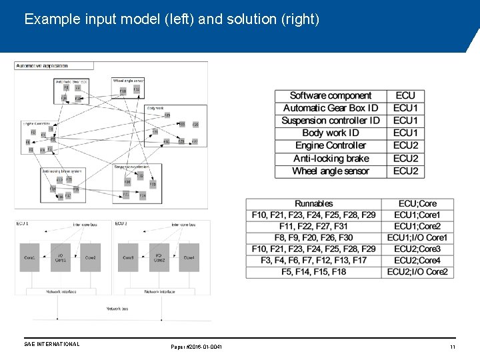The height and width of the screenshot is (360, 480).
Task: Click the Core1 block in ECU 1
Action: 30,257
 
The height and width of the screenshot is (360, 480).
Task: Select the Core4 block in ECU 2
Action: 189,257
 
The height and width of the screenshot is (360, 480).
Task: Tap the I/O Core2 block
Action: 159,257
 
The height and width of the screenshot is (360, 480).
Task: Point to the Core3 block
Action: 129,257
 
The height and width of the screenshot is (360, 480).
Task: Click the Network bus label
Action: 117,309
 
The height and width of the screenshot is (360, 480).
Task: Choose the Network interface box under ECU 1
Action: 61,291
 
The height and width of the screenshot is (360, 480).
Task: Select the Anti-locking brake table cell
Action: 331,159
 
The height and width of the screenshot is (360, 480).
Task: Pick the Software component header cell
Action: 331,96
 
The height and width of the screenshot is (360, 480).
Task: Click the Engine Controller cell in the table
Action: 331,146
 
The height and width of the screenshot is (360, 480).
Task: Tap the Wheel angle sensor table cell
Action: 331,171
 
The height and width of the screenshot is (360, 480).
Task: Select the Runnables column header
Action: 313,203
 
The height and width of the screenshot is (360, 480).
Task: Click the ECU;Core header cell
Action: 417,203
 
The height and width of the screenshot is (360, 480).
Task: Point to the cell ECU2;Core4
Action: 417,260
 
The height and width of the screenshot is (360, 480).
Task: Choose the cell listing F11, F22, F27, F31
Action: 313,226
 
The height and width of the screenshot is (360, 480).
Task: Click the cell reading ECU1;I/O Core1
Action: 417,237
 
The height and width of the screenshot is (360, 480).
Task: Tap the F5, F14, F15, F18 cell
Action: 313,272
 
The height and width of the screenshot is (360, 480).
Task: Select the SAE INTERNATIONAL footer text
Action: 51,345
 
